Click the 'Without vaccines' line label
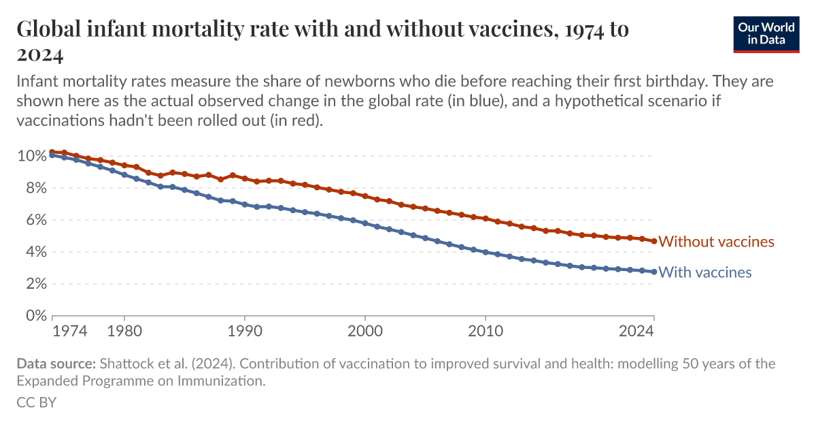[716, 242]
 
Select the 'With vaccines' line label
[705, 272]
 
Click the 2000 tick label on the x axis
[365, 332]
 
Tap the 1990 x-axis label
[245, 332]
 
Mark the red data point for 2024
[654, 241]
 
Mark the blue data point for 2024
[654, 272]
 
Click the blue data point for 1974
[52, 155]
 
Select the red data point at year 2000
[365, 196]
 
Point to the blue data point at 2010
[486, 252]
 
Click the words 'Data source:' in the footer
[56, 364]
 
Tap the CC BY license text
[36, 402]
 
